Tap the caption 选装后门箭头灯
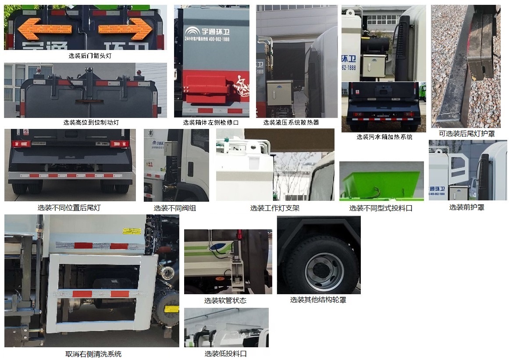[x=87, y=56]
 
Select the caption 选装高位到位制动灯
[x=91, y=123]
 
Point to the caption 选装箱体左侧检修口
[x=211, y=123]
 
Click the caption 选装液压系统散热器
[x=291, y=123]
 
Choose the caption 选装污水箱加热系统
[x=384, y=137]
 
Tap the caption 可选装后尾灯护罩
[x=467, y=133]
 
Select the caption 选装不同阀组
[x=175, y=208]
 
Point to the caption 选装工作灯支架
[x=275, y=208]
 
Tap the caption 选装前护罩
[x=466, y=207]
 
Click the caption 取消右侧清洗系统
[x=93, y=354]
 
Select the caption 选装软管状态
[x=225, y=300]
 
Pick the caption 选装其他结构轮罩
[x=318, y=300]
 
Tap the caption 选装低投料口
[x=225, y=354]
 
